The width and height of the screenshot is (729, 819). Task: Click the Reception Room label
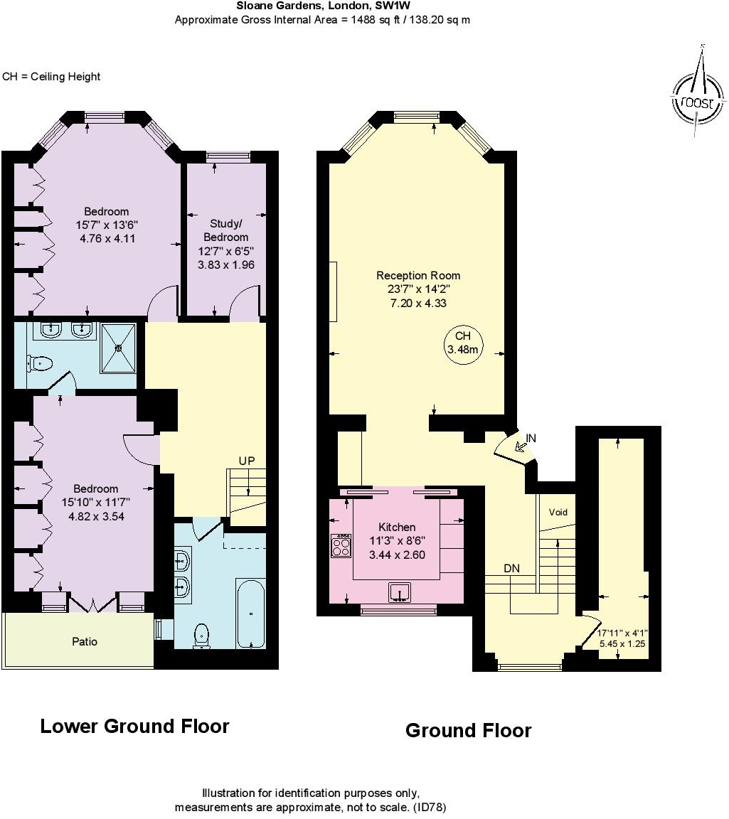click(x=418, y=275)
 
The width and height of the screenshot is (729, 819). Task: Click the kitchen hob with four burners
click(x=341, y=545)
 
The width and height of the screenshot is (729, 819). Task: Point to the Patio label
click(x=85, y=641)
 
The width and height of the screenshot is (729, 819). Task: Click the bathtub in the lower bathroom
click(x=250, y=614)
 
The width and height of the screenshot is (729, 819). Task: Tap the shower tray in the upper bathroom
click(x=119, y=348)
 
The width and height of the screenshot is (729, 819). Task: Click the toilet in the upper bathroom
click(x=39, y=363)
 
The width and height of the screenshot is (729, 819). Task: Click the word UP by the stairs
click(x=247, y=461)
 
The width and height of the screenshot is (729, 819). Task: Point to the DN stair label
click(x=511, y=568)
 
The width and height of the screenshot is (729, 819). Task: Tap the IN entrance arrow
click(x=520, y=446)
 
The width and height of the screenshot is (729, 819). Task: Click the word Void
click(x=558, y=513)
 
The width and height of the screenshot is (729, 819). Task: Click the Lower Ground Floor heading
click(x=135, y=727)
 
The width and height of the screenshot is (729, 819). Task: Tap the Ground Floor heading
click(x=468, y=730)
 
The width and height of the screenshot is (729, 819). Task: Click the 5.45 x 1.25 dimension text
click(x=622, y=643)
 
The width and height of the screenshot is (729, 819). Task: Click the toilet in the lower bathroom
click(x=202, y=636)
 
